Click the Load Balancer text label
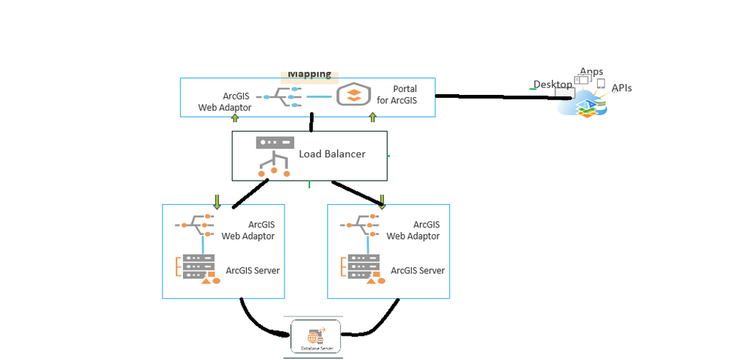pyautogui.click(x=332, y=154)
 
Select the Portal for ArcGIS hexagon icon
pyautogui.click(x=356, y=95)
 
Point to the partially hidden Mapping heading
pyautogui.click(x=309, y=74)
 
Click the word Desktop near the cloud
pyautogui.click(x=553, y=84)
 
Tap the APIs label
pyautogui.click(x=622, y=88)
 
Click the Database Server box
pyautogui.click(x=315, y=337)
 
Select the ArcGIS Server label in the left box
pyautogui.click(x=253, y=270)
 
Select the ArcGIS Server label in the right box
pyautogui.click(x=418, y=270)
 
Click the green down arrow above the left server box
pyautogui.click(x=217, y=201)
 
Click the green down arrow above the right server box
pyautogui.click(x=382, y=201)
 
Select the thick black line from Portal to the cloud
pyautogui.click(x=497, y=96)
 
